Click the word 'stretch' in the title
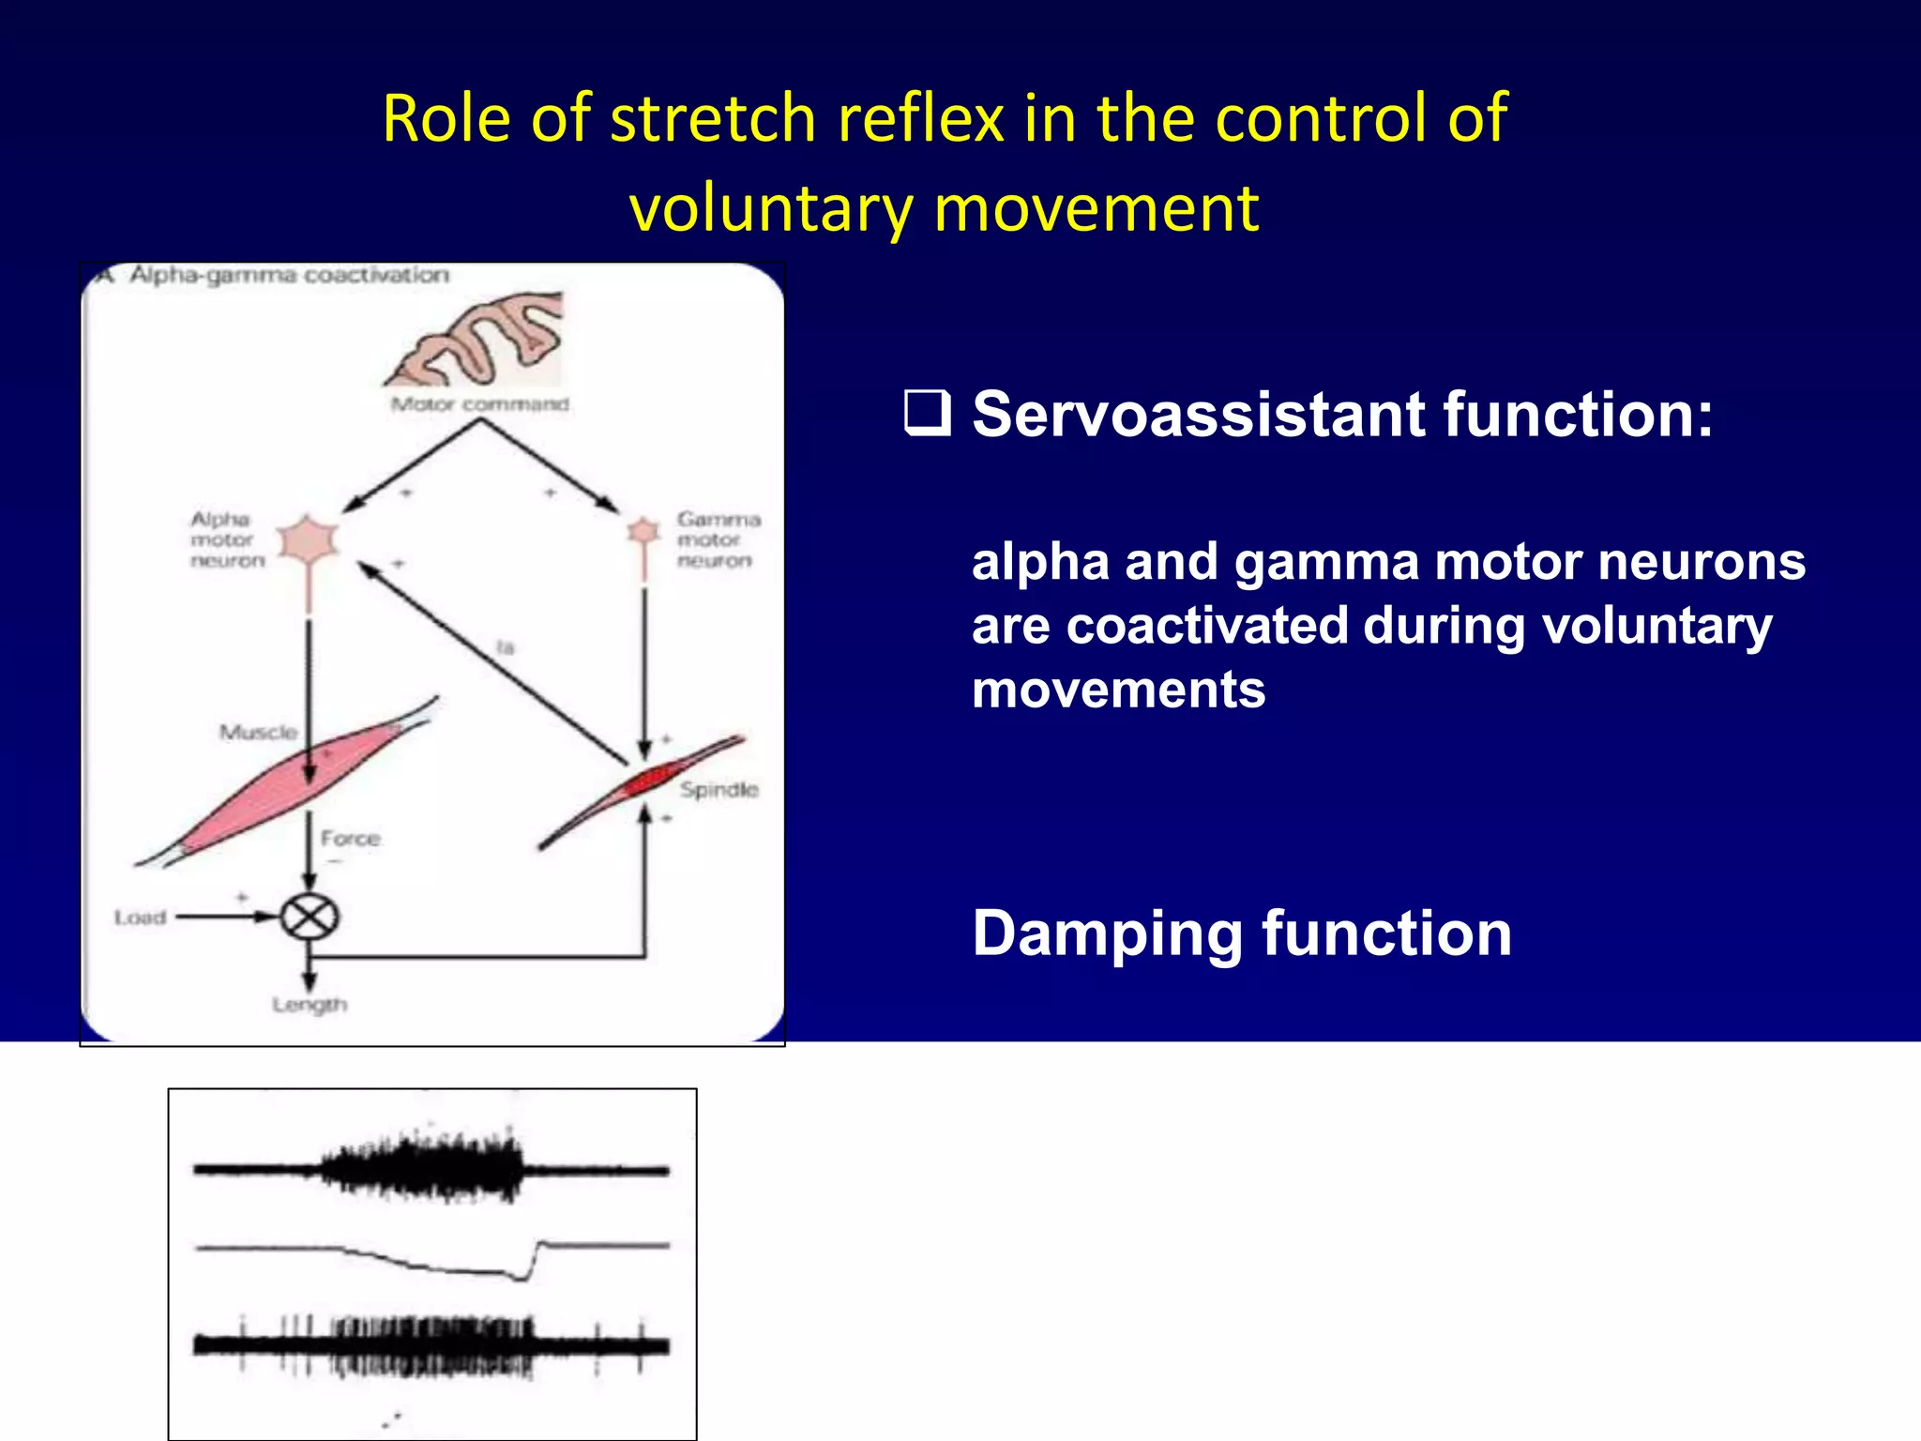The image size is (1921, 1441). click(713, 119)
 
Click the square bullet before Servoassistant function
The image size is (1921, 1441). click(927, 414)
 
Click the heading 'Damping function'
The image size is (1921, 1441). click(1241, 933)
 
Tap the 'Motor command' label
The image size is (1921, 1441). click(479, 404)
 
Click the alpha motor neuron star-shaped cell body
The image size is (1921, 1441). click(308, 539)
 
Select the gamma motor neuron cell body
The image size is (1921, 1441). click(643, 532)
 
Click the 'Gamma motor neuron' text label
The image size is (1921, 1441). click(717, 539)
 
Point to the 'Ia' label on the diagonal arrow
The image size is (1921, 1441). click(506, 647)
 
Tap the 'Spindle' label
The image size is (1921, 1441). click(718, 790)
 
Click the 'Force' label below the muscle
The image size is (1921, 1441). click(350, 838)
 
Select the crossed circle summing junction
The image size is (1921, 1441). click(310, 917)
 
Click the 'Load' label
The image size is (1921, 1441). click(140, 918)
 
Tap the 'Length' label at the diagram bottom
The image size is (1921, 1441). click(310, 1005)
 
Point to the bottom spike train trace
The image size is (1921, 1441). click(431, 1345)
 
